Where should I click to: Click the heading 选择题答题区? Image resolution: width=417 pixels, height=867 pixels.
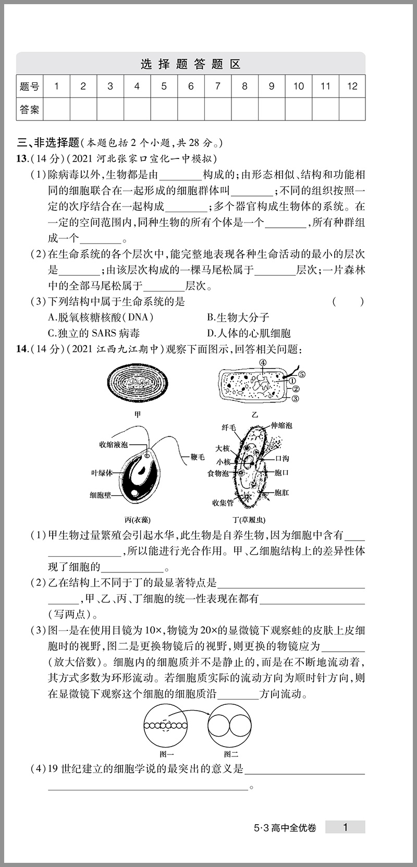tap(191, 64)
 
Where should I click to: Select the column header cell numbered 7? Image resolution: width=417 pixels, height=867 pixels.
tap(217, 87)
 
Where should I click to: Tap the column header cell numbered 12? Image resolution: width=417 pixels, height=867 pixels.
tap(352, 87)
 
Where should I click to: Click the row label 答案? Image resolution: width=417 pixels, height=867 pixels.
tap(30, 109)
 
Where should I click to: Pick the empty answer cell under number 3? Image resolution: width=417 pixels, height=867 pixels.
tap(110, 109)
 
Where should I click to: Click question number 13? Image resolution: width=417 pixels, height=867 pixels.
tap(22, 158)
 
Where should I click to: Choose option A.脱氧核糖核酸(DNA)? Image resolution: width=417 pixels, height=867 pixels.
tap(100, 317)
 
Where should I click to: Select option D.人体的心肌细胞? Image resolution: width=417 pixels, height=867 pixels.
tap(249, 333)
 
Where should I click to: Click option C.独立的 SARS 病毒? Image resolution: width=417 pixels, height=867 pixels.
tap(93, 333)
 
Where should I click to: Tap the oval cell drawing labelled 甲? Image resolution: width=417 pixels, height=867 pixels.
tap(138, 384)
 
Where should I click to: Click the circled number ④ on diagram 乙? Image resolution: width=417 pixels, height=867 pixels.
tap(263, 363)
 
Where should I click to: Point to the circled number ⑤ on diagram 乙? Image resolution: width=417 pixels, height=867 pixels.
tap(302, 374)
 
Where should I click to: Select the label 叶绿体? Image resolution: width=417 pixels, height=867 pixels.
tap(102, 473)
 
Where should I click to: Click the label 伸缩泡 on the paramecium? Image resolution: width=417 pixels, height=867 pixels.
tap(281, 425)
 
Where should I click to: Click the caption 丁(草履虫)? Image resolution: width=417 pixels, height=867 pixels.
tap(249, 520)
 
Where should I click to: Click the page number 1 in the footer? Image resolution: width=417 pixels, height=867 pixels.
tap(345, 827)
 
